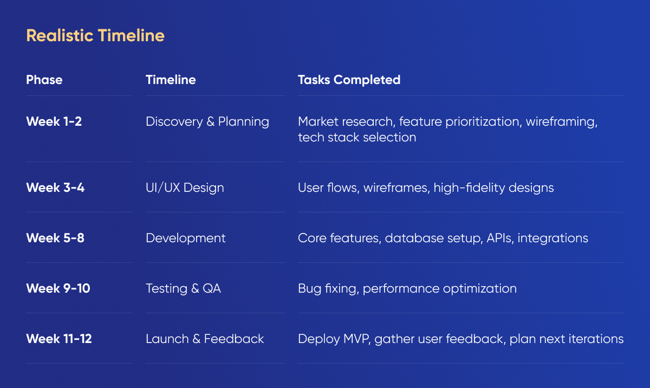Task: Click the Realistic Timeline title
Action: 95,36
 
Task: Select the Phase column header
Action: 44,80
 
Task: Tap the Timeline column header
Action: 171,80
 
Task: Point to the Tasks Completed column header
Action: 349,80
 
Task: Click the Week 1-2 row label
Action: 54,121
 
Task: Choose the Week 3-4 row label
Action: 55,187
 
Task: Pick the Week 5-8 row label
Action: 55,238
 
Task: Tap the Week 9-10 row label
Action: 58,288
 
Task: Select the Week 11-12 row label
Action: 59,339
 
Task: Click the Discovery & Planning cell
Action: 207,122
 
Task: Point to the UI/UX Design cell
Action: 185,187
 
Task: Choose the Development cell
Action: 185,238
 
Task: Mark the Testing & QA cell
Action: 183,289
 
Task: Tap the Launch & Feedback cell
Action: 205,339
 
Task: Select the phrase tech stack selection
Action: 357,137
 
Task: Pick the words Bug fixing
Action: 328,289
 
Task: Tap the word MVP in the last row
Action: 357,339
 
